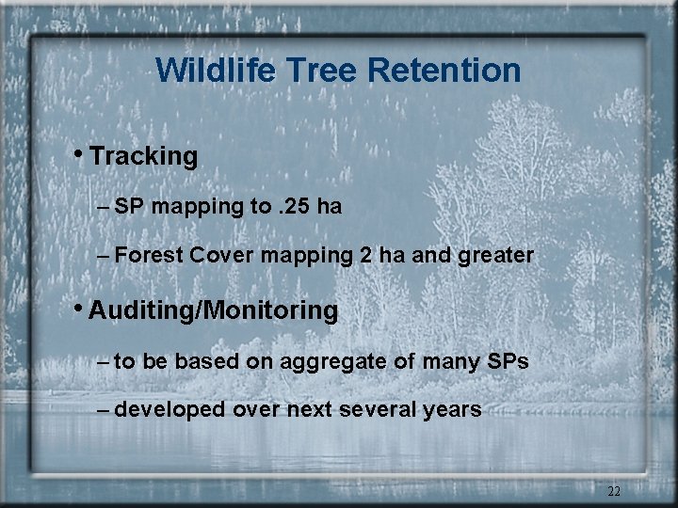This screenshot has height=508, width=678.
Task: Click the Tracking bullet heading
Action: point(143,156)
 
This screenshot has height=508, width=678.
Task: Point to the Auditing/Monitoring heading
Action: point(213,310)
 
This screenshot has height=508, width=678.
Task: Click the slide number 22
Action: point(614,491)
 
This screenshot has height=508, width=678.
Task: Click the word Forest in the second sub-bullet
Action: point(153,255)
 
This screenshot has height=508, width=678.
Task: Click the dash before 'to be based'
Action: point(103,361)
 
